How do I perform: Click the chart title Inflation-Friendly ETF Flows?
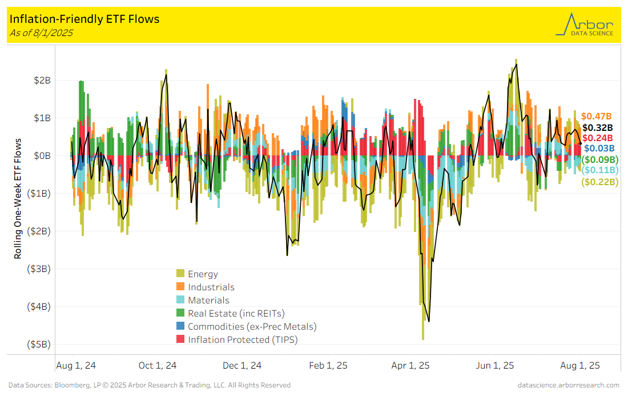click(84, 19)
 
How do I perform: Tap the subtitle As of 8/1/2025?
click(41, 33)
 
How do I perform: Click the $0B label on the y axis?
click(48, 155)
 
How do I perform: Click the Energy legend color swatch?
click(180, 274)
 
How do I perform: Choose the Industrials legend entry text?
click(211, 287)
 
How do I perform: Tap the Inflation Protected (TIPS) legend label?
click(243, 340)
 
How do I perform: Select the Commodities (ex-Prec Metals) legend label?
click(252, 327)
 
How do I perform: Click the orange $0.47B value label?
click(597, 116)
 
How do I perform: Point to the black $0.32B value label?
click(597, 127)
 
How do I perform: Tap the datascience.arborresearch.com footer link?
click(568, 385)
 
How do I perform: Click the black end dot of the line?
click(581, 143)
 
